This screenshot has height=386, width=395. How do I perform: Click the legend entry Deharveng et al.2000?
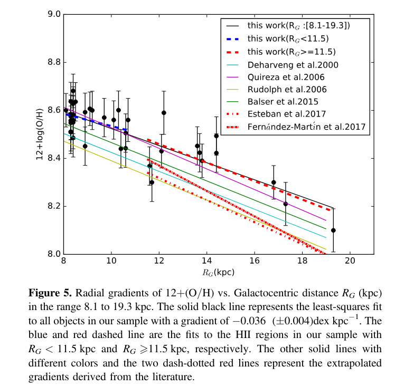293,65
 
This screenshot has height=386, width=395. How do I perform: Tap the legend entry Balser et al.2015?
283,101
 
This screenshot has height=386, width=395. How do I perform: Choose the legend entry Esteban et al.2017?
286,113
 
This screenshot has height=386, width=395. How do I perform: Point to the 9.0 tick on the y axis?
53,15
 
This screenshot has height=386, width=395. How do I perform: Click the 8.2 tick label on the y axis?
53,206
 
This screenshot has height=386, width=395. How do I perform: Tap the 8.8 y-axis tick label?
53,63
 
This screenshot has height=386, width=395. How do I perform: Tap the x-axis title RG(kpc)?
219,273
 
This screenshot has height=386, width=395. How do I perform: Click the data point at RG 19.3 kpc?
333,230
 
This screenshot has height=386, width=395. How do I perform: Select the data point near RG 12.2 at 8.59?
164,112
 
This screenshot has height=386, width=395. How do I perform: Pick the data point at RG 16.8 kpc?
274,182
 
